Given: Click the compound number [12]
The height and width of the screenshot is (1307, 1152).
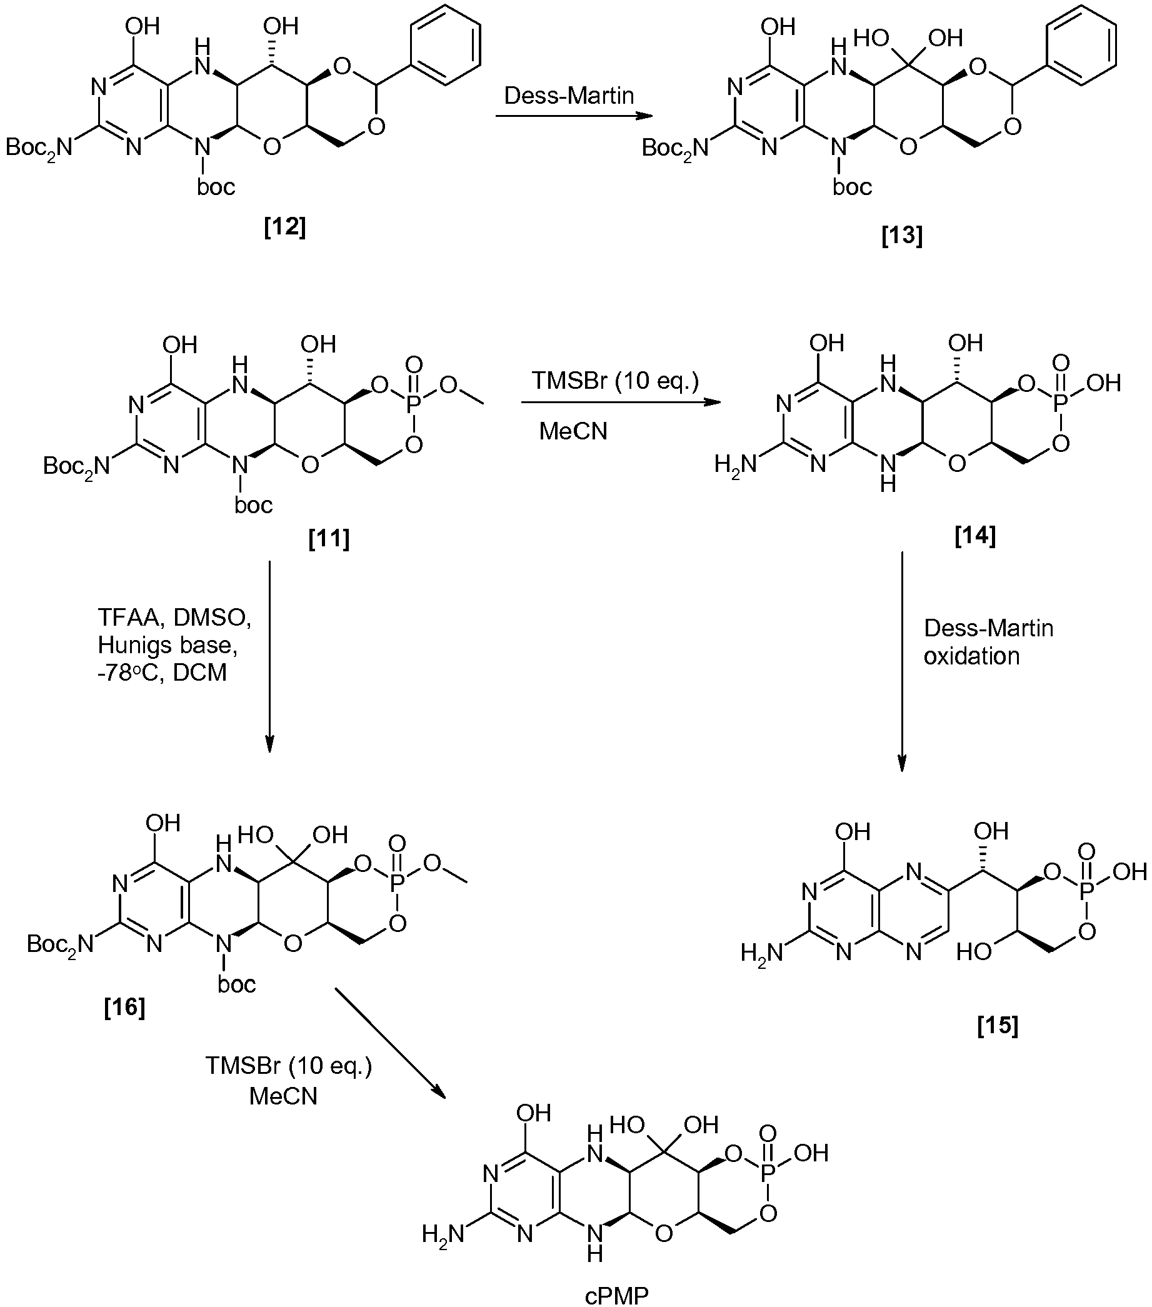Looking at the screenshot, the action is point(285,227).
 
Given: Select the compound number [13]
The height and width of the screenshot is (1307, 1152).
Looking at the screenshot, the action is point(902,236).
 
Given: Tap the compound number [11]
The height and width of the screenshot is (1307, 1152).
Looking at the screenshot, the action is point(329,538).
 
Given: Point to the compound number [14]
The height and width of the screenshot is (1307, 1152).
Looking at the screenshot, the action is point(975,535).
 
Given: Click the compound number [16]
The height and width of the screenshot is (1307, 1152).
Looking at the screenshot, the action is point(124,1007).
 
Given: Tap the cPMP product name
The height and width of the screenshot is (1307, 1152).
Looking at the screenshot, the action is point(618,1297).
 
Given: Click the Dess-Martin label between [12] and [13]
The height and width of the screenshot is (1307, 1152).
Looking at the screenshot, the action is point(569,96).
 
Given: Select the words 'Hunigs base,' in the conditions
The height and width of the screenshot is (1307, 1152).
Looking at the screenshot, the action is point(168,645).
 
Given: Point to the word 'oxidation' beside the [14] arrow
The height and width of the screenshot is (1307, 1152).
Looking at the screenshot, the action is point(972,656).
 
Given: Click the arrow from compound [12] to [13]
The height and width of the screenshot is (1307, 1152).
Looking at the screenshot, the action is point(574,116).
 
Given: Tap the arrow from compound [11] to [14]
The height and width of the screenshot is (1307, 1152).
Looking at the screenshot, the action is point(621,402).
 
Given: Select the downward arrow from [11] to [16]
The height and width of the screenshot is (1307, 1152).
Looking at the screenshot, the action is point(269,657).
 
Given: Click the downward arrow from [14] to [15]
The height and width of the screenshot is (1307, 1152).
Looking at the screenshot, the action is point(902,662).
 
